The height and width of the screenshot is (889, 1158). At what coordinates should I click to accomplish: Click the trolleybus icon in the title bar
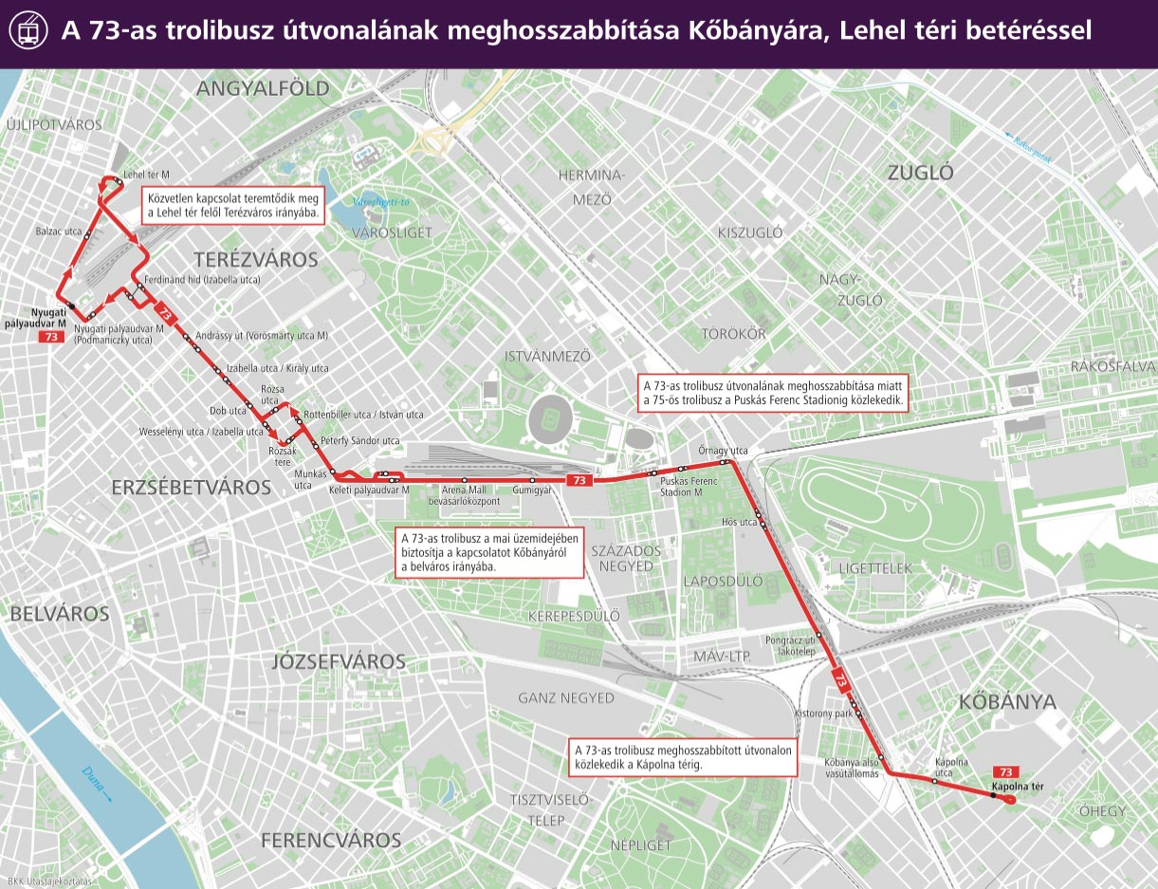(x=28, y=32)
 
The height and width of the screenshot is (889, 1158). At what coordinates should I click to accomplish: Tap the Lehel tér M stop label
(x=146, y=174)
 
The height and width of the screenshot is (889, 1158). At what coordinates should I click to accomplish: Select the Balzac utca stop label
(x=59, y=231)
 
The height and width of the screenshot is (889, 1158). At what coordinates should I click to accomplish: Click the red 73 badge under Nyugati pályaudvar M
(x=50, y=336)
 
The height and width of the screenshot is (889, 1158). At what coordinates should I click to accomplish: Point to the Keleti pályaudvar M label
(x=368, y=491)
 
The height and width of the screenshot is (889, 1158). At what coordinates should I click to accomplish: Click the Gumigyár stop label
(x=531, y=491)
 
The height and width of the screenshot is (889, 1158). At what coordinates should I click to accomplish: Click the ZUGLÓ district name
(x=920, y=173)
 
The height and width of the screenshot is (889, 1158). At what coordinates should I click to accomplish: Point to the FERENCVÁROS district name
(x=331, y=840)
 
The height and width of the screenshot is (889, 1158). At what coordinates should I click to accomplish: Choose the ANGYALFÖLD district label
(x=263, y=89)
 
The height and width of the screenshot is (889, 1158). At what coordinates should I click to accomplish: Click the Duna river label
(x=96, y=784)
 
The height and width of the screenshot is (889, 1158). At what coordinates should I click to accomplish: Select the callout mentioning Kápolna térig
(x=681, y=757)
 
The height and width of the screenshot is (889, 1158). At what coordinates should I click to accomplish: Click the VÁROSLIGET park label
(x=392, y=232)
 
